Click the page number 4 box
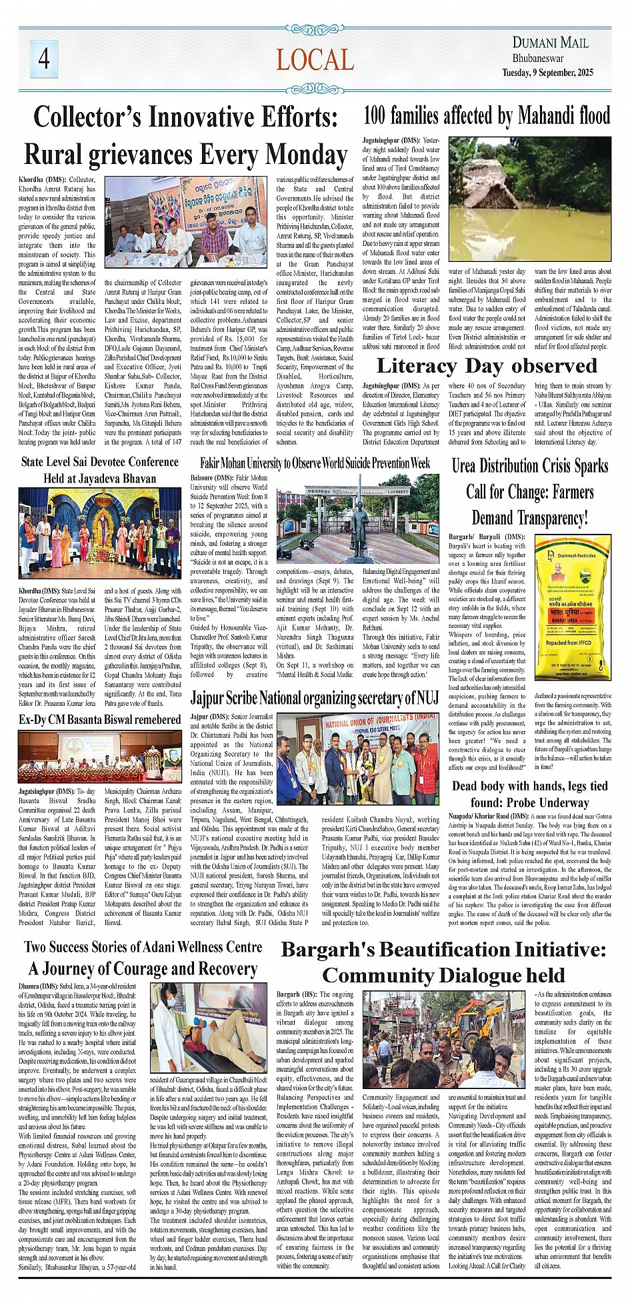click(x=43, y=59)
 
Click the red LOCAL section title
click(x=315, y=61)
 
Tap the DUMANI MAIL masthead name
click(x=550, y=43)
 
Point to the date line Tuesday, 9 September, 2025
click(x=547, y=73)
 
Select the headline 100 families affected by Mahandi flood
click(x=486, y=116)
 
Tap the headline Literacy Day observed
click(x=487, y=366)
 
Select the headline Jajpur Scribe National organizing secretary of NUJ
click(x=315, y=698)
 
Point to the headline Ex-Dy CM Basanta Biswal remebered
click(x=99, y=720)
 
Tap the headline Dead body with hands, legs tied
click(x=529, y=786)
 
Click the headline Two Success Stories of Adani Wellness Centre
click(x=143, y=947)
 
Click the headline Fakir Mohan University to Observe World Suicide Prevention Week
click(x=315, y=463)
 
